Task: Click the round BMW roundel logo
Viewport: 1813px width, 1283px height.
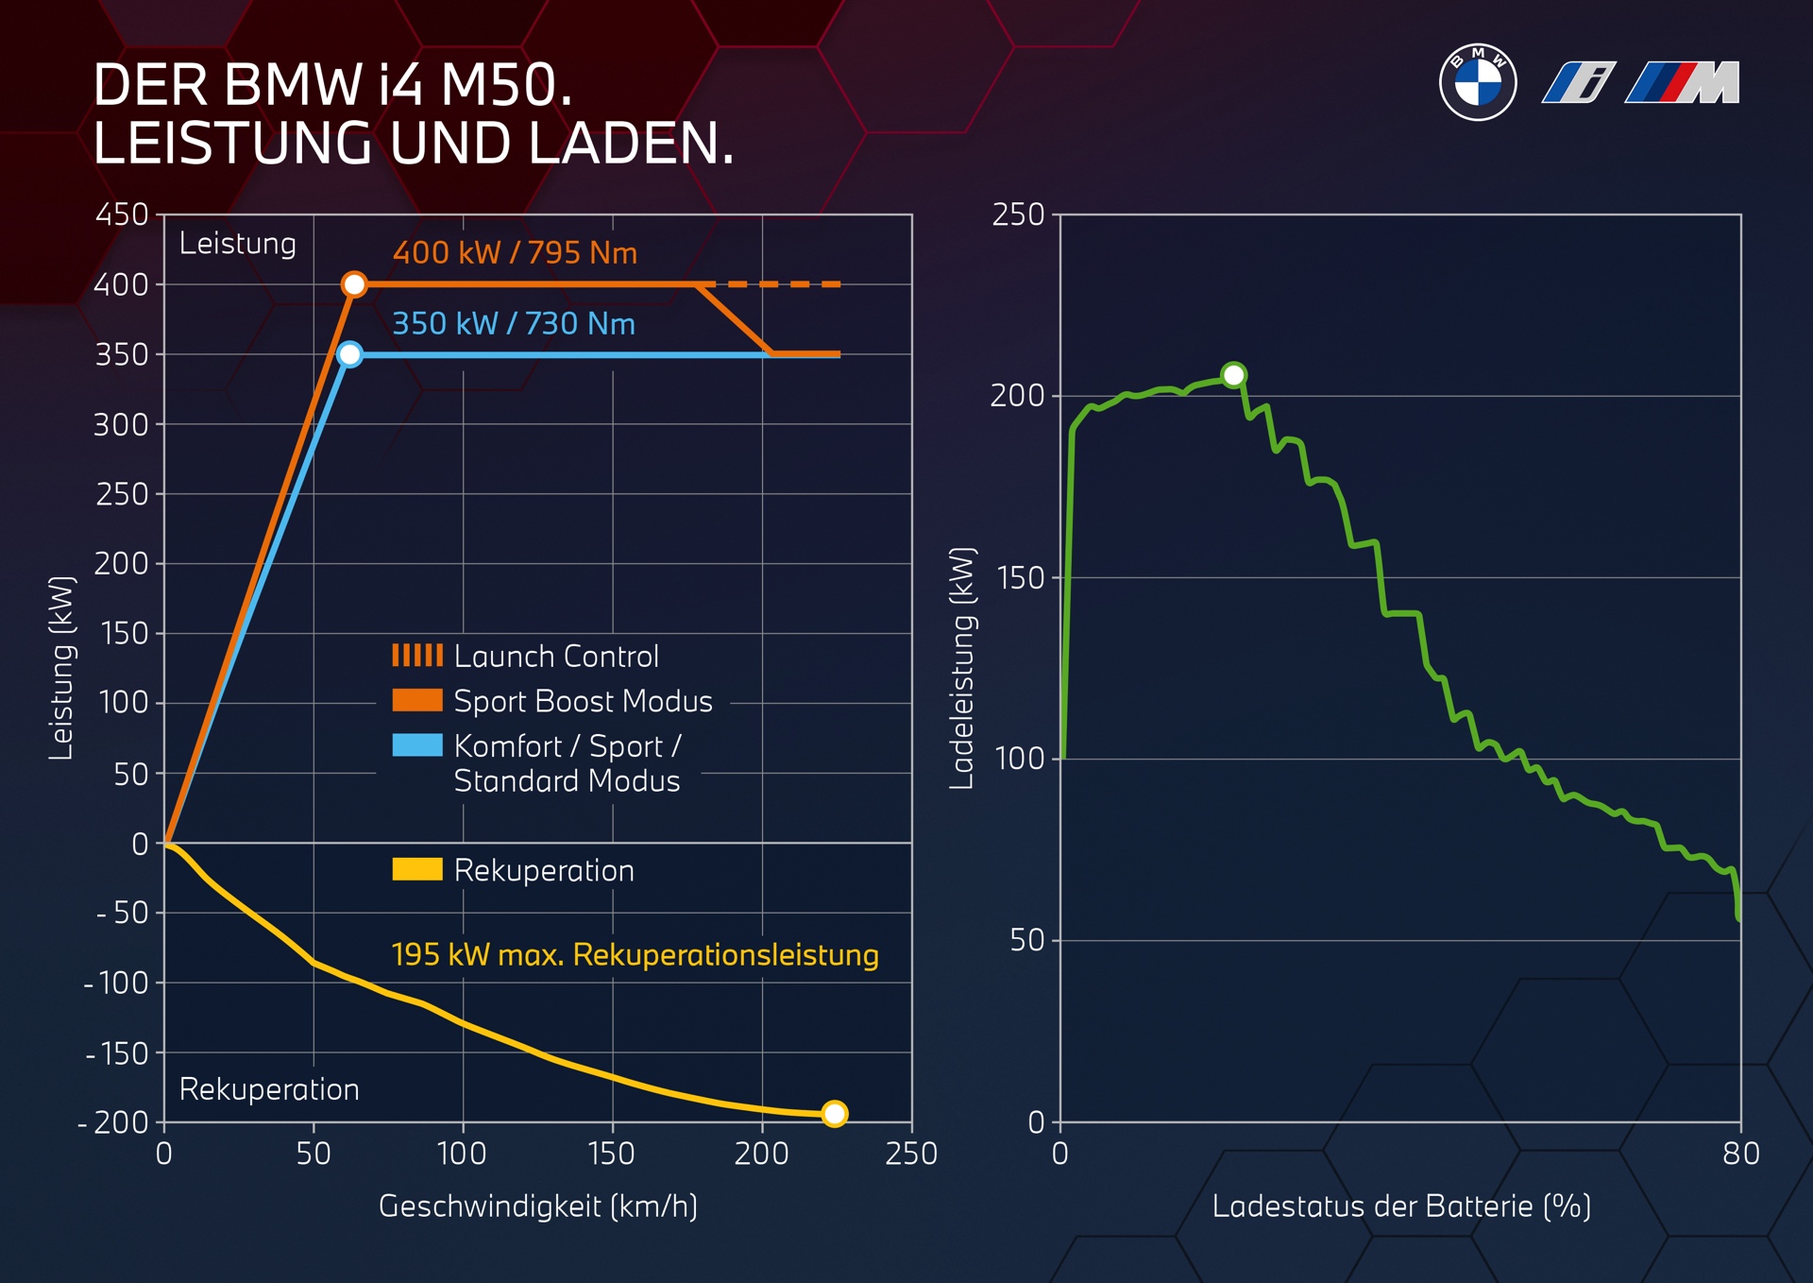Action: (1478, 82)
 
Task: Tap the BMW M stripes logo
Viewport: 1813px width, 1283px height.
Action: (1683, 82)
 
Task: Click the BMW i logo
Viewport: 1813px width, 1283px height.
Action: (1579, 82)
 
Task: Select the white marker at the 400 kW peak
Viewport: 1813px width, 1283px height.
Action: (354, 284)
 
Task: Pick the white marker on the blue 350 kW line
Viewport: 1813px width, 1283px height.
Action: (349, 354)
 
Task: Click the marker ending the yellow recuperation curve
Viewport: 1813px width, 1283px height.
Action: (834, 1114)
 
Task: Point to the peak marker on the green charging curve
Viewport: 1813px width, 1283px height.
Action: (1233, 375)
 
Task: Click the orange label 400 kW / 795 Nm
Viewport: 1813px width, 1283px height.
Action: (515, 253)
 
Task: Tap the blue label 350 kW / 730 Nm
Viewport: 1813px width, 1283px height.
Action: (514, 324)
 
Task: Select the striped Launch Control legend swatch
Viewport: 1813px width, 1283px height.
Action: (417, 656)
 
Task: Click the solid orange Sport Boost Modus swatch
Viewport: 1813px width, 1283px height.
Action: (417, 700)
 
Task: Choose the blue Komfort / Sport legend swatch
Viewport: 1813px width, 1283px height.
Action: (417, 745)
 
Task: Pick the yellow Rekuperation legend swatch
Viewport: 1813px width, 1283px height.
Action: (417, 869)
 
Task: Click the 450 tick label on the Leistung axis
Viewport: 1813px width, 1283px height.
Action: (122, 214)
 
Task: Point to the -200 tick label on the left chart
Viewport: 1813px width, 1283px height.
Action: (114, 1122)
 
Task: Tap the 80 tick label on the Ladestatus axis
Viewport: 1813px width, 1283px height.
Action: (1740, 1154)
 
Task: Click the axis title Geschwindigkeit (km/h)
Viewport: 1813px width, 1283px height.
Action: (537, 1206)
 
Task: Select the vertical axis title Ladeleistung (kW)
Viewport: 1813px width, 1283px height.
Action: (961, 668)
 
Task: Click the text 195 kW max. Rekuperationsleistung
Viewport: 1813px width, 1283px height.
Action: (635, 955)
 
